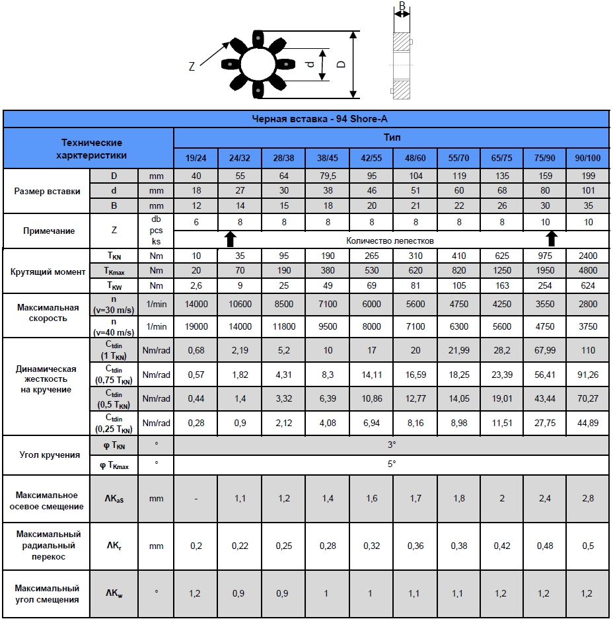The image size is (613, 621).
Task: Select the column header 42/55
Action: (x=371, y=159)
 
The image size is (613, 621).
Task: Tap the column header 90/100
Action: (x=588, y=159)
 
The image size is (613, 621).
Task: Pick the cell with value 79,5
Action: (x=327, y=176)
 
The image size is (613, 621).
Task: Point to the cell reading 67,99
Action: (x=544, y=349)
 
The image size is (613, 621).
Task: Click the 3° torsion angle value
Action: (x=392, y=445)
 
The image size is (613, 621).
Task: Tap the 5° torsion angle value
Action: (x=392, y=464)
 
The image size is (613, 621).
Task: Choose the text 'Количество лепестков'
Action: (x=390, y=240)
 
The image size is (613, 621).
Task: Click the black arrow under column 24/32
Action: (x=229, y=238)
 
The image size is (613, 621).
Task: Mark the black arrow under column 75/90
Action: (x=552, y=238)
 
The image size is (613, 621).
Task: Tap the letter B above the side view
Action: (x=402, y=7)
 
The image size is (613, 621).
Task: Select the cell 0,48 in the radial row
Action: (x=544, y=546)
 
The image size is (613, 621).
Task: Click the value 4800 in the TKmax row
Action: (x=588, y=270)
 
